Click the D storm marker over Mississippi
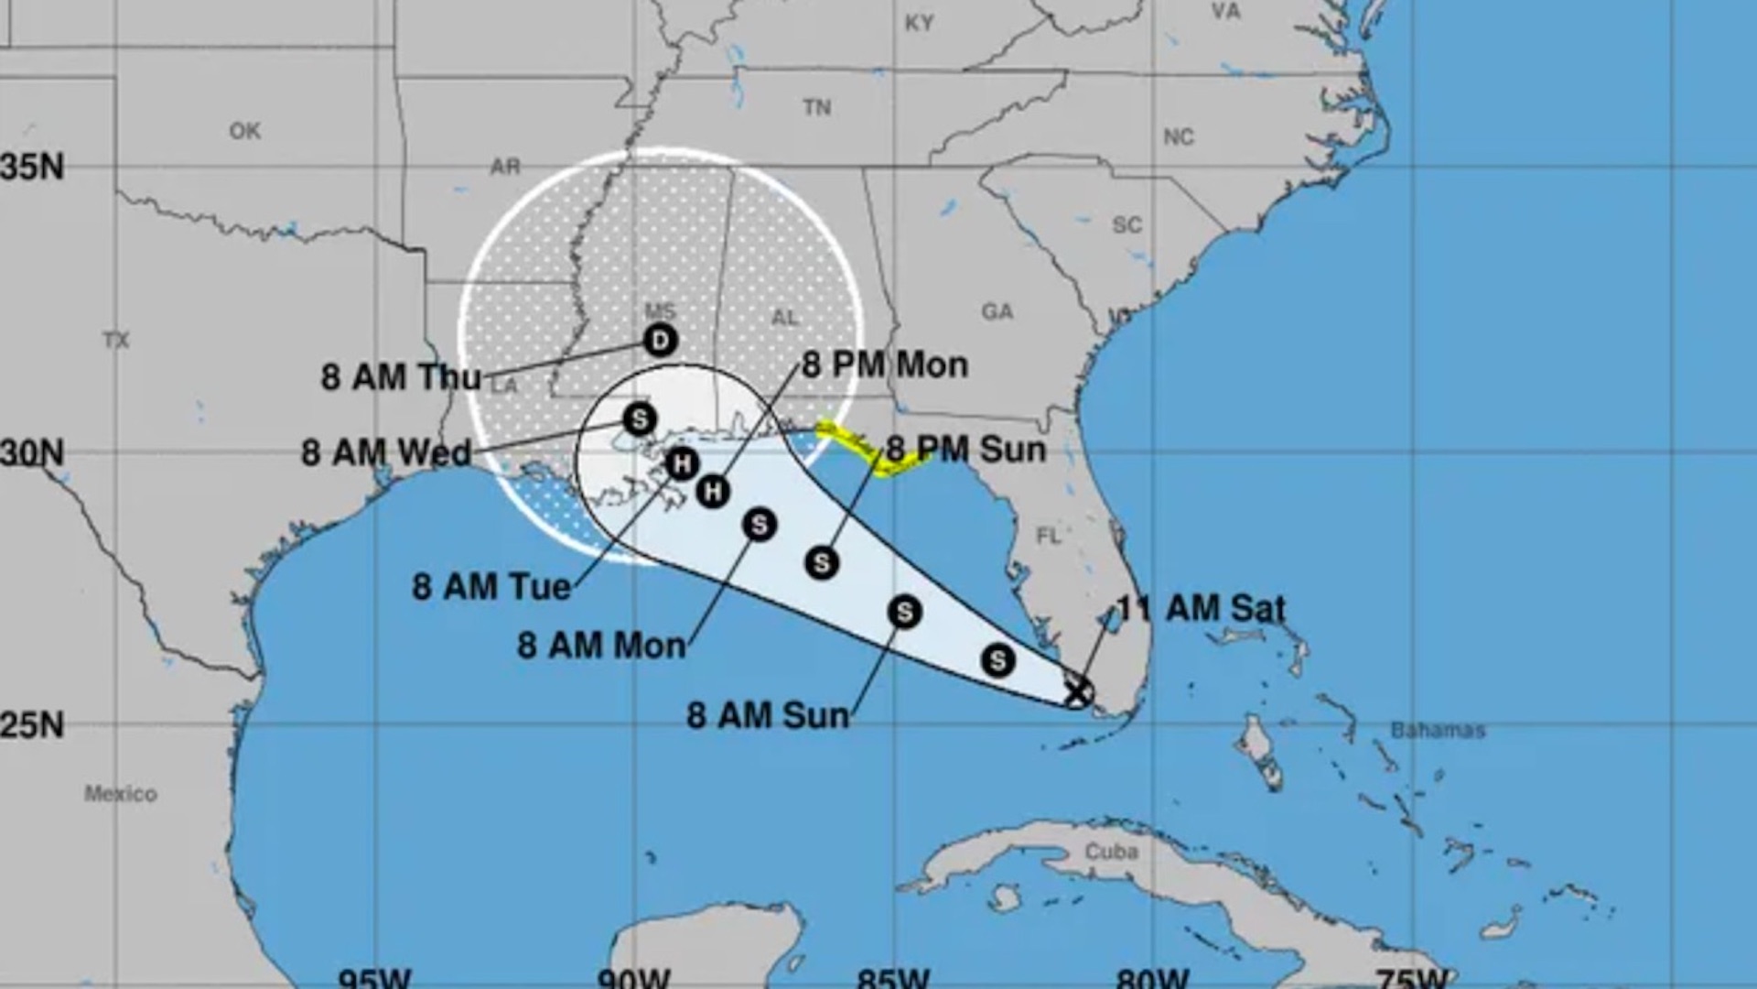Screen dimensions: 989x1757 click(x=660, y=341)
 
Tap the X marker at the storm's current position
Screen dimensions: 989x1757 click(x=1078, y=690)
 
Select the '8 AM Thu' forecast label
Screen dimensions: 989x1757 click(x=401, y=377)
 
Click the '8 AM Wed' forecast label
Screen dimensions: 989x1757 click(x=386, y=452)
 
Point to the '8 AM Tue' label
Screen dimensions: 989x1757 click(x=491, y=586)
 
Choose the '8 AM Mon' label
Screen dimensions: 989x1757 click(x=601, y=646)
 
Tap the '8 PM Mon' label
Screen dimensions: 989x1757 click(x=885, y=365)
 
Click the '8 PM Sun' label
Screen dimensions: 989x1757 click(x=965, y=450)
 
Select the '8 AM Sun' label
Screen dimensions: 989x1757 click(x=768, y=715)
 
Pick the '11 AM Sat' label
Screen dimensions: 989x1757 click(x=1202, y=609)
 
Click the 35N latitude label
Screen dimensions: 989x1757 click(x=33, y=167)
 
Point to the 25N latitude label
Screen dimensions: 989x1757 click(x=33, y=725)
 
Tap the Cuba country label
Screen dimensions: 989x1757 click(x=1111, y=852)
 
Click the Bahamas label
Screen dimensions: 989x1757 click(x=1438, y=730)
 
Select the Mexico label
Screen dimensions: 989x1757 click(x=121, y=793)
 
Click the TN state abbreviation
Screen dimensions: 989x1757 click(x=817, y=108)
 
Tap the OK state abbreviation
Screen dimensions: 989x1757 click(x=245, y=131)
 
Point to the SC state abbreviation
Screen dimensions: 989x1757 click(x=1126, y=224)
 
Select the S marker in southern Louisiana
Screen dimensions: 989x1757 click(x=640, y=419)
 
